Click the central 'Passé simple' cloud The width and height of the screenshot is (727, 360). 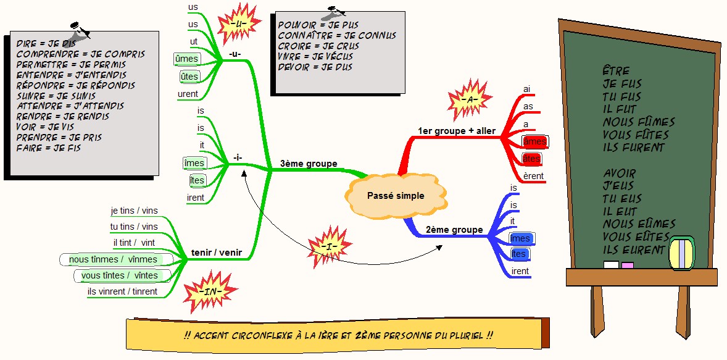coord(396,196)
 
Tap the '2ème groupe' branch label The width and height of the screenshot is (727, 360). coord(454,230)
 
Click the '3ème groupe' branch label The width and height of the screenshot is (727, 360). coord(309,164)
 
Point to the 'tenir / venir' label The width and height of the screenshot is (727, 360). coord(216,252)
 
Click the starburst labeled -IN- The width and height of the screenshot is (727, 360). coord(211,290)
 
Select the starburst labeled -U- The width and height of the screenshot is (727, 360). coord(240,23)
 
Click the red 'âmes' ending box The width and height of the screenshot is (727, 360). coord(534,141)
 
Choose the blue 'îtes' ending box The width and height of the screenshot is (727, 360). coord(519,254)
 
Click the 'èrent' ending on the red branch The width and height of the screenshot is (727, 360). coord(533,176)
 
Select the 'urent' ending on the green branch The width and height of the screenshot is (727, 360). coord(188,94)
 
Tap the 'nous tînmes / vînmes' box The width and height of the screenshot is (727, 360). coord(113,259)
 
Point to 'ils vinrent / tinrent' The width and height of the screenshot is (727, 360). coord(122,291)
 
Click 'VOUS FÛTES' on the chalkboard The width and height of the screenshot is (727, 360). coord(636,135)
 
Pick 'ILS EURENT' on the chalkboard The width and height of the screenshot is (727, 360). coord(634,250)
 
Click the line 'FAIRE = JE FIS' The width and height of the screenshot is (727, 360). coord(49,148)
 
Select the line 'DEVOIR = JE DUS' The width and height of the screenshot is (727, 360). coord(315,67)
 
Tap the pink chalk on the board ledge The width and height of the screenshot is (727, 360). coord(627,266)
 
